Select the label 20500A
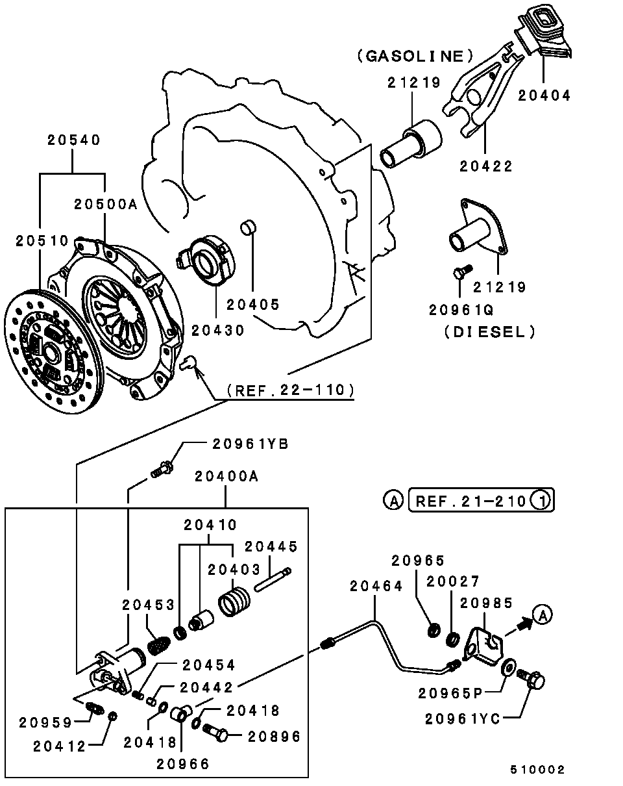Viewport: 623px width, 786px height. [x=106, y=204]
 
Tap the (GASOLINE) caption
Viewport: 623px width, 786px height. [x=415, y=57]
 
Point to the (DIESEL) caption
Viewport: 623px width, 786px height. [x=490, y=331]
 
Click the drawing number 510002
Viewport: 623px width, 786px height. [x=537, y=770]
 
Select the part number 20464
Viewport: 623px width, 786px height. [x=376, y=586]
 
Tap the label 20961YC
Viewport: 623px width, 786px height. [x=463, y=718]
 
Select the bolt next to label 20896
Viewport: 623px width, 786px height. [x=216, y=733]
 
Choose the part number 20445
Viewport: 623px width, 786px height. [x=271, y=547]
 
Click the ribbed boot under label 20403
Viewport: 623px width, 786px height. [x=234, y=601]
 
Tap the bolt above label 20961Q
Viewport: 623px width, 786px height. [x=459, y=273]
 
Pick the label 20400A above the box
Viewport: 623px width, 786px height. [x=226, y=477]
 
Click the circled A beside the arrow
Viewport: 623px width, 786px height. [x=543, y=614]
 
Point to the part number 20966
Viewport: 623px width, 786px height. [x=183, y=763]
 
